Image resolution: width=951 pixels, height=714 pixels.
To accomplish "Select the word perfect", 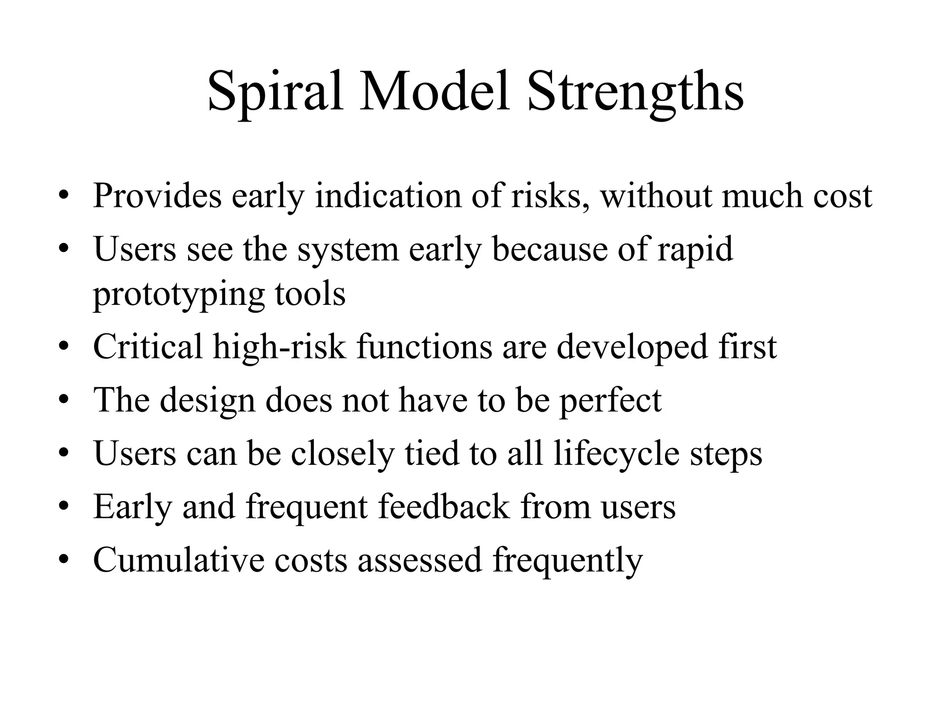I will (610, 401).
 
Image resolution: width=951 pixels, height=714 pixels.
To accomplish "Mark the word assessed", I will (419, 560).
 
